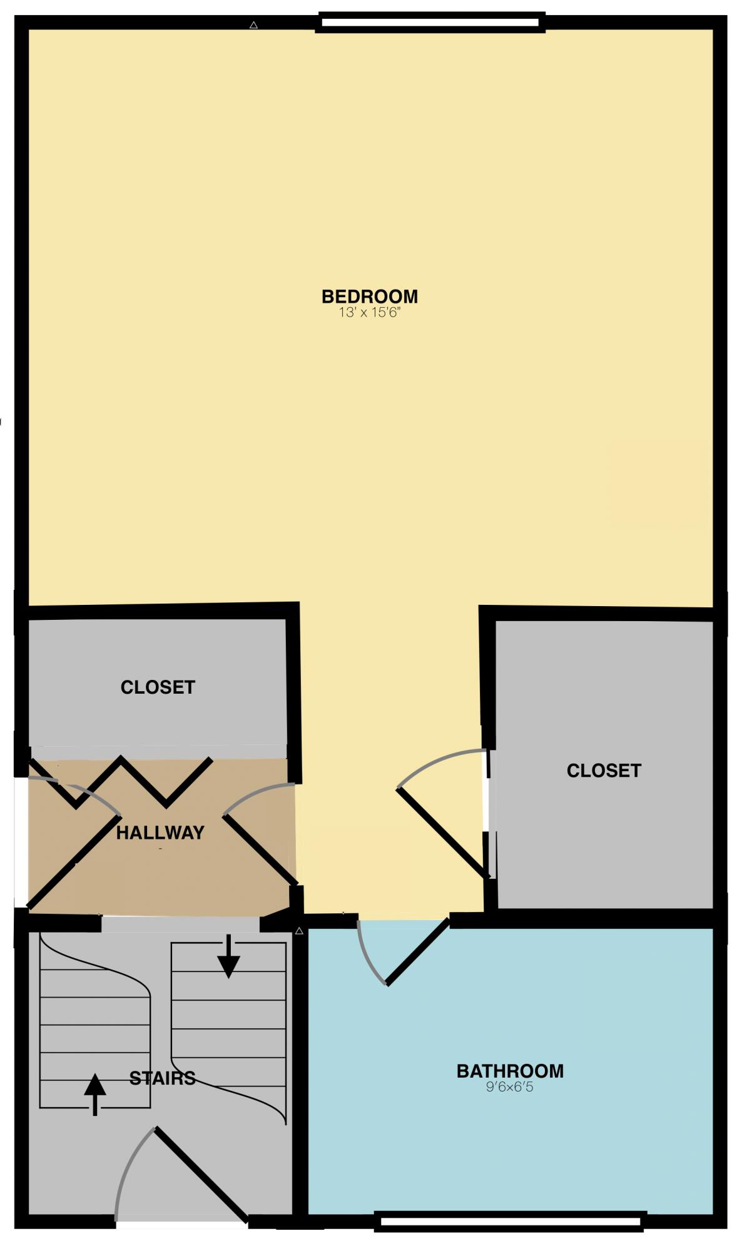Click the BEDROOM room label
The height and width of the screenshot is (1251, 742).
369,296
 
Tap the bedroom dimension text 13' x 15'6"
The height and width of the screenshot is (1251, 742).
369,312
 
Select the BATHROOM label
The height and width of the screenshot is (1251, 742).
510,1071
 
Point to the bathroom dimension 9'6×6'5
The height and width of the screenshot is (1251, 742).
510,1087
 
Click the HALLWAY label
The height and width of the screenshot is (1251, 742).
160,833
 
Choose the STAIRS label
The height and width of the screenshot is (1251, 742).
163,1078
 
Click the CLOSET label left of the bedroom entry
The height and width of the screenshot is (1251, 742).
158,687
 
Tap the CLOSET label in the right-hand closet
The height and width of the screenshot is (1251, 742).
604,770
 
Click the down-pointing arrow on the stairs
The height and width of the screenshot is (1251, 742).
229,956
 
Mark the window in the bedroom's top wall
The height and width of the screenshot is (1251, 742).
430,23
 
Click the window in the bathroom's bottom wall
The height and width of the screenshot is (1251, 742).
510,1221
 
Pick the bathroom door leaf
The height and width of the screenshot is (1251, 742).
418,951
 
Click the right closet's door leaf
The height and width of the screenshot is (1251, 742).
442,833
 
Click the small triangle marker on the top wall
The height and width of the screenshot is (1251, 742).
253,25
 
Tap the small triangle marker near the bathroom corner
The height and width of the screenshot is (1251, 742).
299,931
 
